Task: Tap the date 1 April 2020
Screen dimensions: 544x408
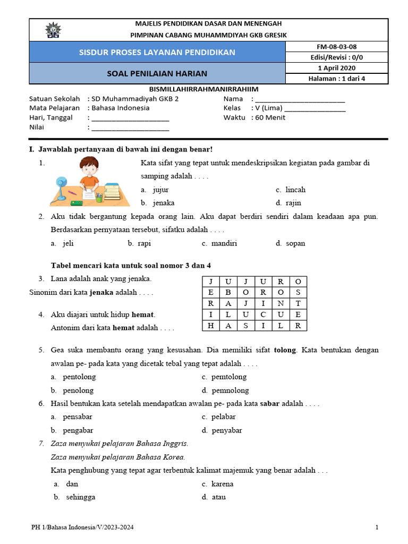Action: pos(337,68)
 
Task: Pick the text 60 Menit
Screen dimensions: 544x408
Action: pos(270,117)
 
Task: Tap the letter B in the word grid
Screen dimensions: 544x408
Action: pos(228,292)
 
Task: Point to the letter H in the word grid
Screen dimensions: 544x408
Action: pos(211,326)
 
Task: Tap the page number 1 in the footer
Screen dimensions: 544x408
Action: pos(377,528)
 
